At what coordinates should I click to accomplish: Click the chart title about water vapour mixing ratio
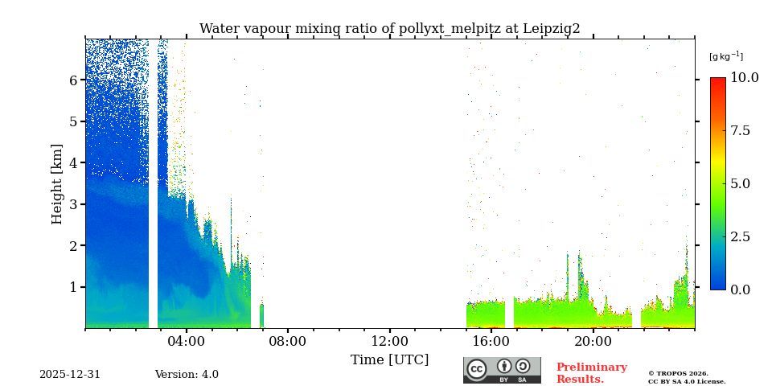389,29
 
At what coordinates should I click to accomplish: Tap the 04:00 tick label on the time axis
187,341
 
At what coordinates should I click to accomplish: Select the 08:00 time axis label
288,341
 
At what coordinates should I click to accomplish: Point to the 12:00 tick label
390,341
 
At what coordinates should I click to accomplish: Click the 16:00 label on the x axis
491,341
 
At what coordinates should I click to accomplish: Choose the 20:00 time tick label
593,341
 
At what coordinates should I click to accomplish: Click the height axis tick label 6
73,80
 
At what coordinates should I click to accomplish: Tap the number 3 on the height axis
73,204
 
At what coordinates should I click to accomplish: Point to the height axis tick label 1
73,287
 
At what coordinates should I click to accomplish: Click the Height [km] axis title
57,183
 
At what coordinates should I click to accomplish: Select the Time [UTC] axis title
389,359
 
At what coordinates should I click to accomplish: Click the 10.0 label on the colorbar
744,78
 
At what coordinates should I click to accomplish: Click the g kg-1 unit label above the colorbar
725,56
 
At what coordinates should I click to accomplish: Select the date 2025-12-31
70,375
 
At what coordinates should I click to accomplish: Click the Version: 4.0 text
187,375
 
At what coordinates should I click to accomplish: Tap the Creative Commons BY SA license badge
502,370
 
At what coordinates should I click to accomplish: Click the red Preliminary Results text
591,373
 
